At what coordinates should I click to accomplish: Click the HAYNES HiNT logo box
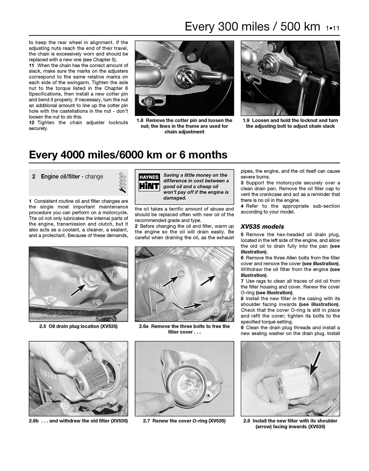tap(149, 182)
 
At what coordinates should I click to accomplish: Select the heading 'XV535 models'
tap(262, 227)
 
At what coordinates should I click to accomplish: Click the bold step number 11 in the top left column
tap(31, 65)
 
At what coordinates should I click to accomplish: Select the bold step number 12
tap(31, 123)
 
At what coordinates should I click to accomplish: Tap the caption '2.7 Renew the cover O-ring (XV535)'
tap(184, 421)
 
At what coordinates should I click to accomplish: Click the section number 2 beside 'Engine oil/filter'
tap(34, 177)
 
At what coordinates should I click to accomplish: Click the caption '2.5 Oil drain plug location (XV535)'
tap(78, 326)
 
